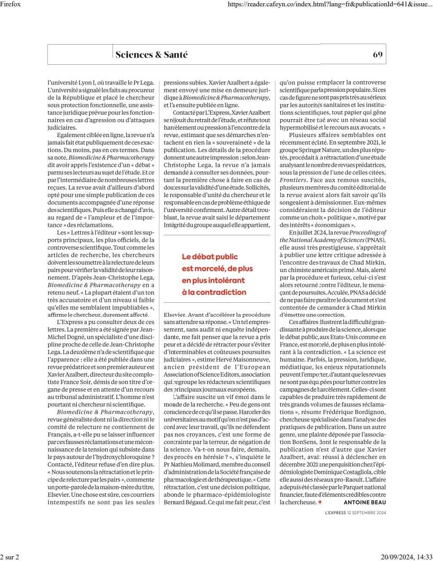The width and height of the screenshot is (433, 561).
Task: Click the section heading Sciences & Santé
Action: pos(152,54)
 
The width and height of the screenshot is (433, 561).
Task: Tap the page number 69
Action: pos(378,54)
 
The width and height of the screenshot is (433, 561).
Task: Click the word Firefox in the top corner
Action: pos(11,4)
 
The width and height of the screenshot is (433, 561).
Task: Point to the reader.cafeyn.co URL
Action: pos(330,4)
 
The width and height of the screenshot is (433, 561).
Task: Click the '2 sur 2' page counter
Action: pos(10,557)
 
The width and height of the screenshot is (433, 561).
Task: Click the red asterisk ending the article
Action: pos(320,502)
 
